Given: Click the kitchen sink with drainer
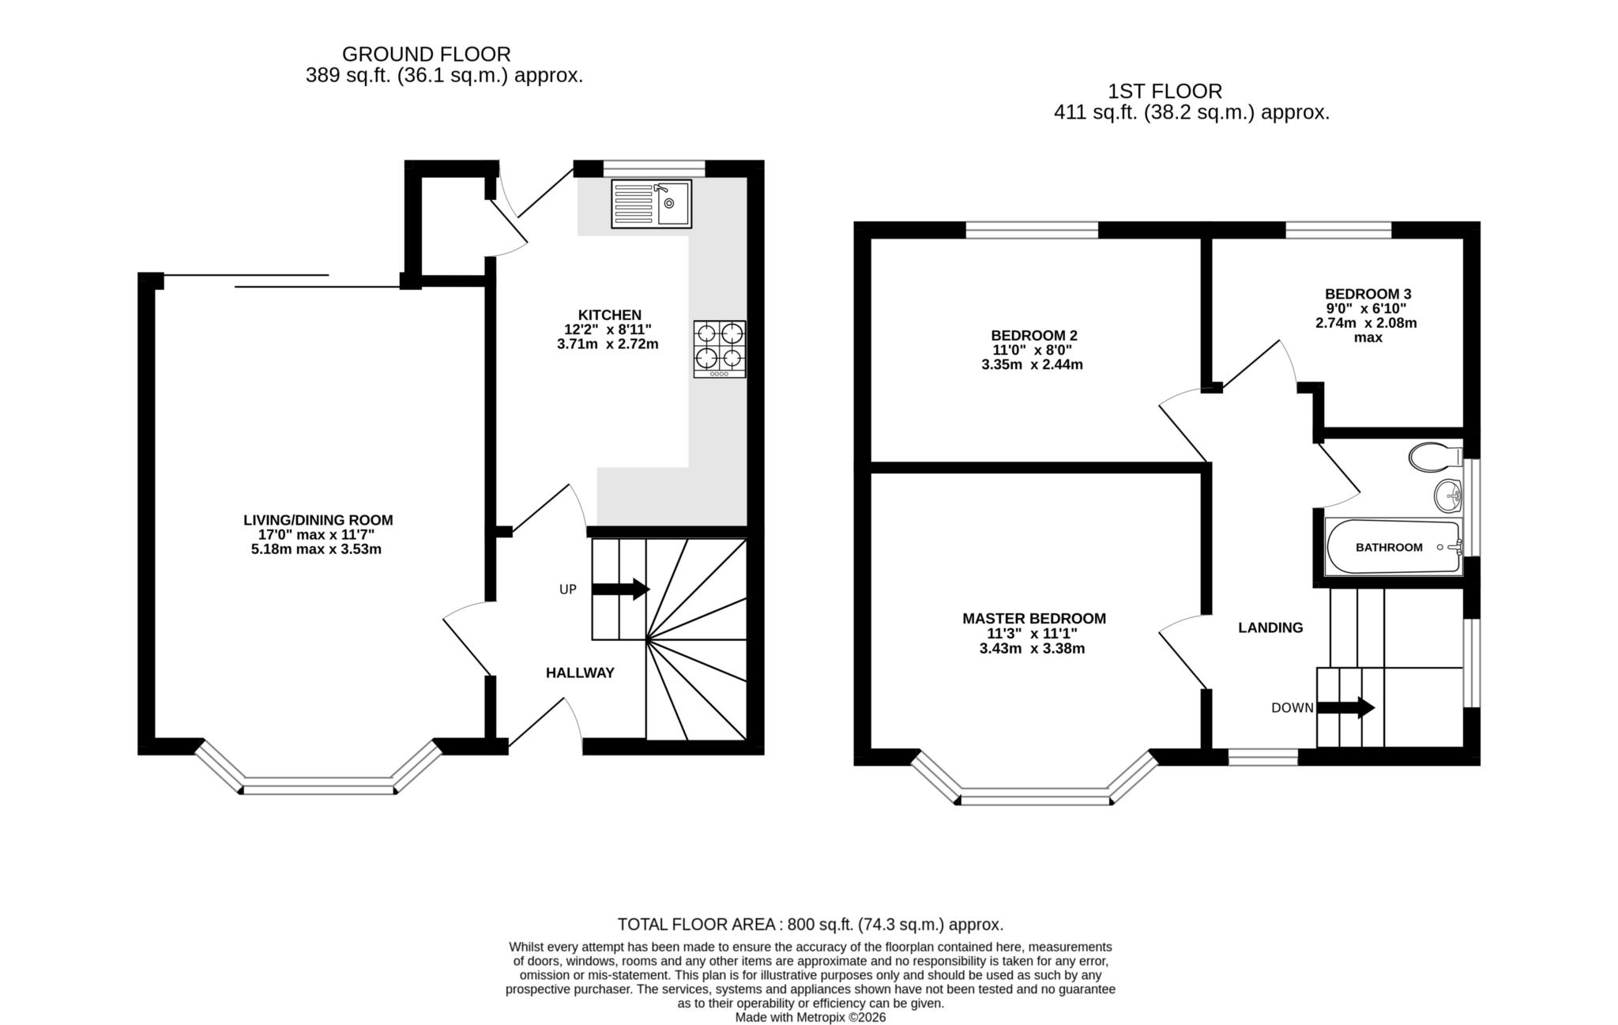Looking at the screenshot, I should pos(651,204).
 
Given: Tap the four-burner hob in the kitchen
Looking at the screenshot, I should pos(720,349).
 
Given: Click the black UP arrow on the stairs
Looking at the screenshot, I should pos(621,589).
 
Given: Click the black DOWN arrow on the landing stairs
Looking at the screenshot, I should pos(1346,707).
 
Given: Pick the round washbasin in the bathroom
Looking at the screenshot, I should pos(1448,496).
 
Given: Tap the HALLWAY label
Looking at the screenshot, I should pos(580,673).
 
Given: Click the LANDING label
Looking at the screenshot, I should pos(1270,628).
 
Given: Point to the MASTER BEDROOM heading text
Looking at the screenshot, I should pos(1033,619).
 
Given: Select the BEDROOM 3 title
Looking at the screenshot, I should pos(1368,294).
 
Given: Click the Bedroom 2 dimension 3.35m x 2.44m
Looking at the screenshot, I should pos(1032,365).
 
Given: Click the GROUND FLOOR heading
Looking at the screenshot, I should pos(426,55).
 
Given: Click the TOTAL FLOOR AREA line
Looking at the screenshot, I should pos(810,925).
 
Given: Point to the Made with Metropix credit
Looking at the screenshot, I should pos(810,1017).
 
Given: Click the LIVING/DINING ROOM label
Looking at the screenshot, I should pos(318,520).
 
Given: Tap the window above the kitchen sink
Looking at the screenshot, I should pos(653,168).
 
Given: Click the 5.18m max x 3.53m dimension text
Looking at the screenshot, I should pos(316,549).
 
